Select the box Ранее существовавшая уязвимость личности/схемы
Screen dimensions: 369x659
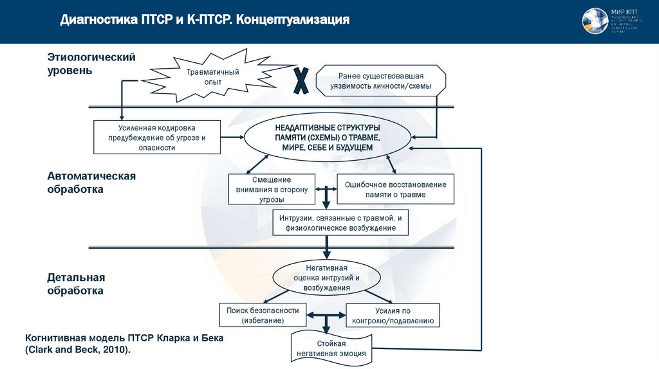coord(381,80)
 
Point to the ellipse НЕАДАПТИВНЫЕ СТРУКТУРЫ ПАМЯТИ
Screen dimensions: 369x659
coord(327,136)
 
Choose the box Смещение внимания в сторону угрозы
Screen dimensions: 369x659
coord(272,189)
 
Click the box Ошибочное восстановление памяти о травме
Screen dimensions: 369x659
coord(396,189)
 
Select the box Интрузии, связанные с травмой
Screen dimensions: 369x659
coord(340,223)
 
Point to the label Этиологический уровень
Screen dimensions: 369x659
coord(91,64)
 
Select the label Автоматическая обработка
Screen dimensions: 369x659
coord(91,183)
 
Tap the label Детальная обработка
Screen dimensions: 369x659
coord(75,283)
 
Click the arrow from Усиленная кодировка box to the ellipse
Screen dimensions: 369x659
coord(232,137)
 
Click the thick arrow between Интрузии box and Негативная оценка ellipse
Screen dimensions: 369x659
coord(327,248)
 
